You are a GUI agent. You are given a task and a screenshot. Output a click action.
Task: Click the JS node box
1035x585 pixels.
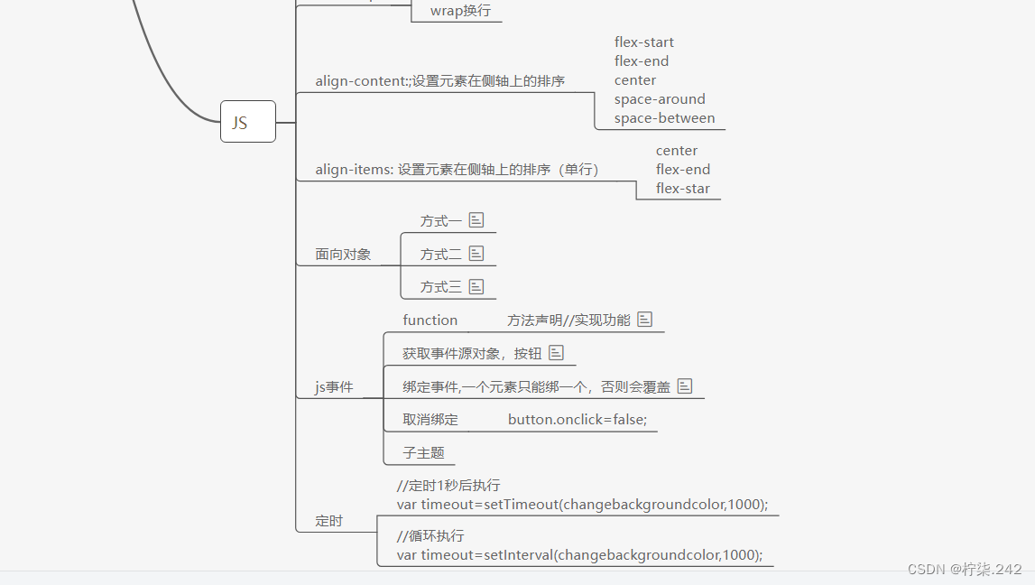click(247, 122)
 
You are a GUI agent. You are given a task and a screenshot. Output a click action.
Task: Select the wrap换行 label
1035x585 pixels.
click(460, 11)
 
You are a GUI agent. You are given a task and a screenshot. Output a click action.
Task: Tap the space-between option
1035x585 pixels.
click(664, 118)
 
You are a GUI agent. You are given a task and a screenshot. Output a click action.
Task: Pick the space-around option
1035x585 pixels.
click(660, 99)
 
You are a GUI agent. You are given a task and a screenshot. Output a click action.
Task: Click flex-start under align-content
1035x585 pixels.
click(643, 42)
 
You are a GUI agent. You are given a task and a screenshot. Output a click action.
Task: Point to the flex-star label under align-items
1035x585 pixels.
click(682, 189)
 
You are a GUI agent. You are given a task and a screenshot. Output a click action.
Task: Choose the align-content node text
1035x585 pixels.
click(439, 81)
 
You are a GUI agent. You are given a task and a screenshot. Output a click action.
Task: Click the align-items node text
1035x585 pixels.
click(457, 170)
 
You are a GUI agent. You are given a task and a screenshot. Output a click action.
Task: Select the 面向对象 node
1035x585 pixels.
click(343, 255)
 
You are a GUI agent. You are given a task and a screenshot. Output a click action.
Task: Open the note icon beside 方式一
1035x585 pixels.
click(476, 219)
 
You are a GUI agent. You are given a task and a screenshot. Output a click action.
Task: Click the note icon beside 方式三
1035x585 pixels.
click(476, 286)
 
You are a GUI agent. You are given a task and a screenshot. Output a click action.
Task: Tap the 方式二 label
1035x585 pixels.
click(440, 255)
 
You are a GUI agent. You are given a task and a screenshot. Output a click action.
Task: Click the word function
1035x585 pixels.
click(430, 320)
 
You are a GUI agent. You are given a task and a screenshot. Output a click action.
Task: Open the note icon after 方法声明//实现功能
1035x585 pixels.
click(644, 320)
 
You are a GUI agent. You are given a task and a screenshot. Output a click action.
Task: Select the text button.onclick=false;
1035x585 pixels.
click(578, 420)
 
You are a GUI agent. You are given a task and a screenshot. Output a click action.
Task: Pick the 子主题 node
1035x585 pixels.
click(423, 453)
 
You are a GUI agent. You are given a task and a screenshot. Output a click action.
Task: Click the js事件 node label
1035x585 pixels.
click(334, 388)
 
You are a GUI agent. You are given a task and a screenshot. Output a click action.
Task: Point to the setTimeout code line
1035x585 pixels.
click(582, 505)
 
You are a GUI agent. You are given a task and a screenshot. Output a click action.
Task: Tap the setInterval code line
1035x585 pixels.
click(579, 555)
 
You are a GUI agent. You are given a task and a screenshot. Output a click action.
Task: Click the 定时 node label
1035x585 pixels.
click(328, 521)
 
